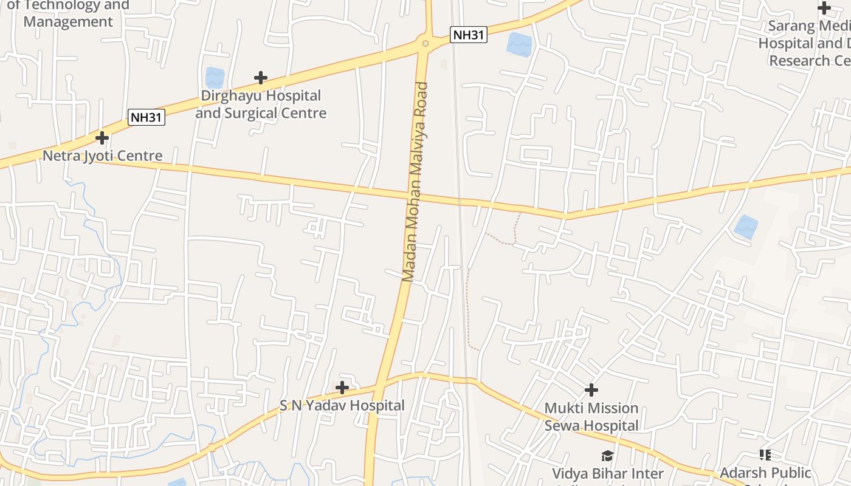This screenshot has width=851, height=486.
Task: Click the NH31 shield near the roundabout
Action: (x=469, y=35)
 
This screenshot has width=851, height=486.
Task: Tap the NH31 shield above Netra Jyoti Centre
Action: (x=146, y=117)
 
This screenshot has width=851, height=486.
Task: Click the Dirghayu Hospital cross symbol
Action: (x=261, y=78)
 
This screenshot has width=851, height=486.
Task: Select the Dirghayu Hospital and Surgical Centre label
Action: (x=261, y=104)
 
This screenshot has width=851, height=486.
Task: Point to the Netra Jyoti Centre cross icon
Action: (x=102, y=138)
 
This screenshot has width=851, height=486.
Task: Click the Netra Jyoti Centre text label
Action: (x=102, y=156)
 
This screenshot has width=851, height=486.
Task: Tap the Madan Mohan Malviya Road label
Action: (x=415, y=182)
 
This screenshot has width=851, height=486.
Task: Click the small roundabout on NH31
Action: (x=425, y=43)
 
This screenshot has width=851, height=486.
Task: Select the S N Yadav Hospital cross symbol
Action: (x=342, y=387)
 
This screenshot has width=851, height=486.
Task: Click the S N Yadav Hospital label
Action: (x=342, y=405)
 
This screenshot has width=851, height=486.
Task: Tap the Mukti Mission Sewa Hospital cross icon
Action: (x=591, y=390)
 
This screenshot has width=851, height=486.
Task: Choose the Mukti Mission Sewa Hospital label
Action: (x=591, y=417)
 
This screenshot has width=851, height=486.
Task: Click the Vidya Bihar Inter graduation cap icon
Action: (x=607, y=456)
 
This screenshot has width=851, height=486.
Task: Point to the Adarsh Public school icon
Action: (x=765, y=455)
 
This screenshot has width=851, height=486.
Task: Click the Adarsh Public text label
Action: (x=765, y=473)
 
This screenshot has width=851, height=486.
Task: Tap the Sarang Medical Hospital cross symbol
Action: (x=824, y=8)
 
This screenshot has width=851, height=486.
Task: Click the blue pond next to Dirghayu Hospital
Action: (x=215, y=77)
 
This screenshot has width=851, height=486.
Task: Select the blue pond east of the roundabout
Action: (x=519, y=44)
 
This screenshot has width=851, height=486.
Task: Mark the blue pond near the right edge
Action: (x=746, y=227)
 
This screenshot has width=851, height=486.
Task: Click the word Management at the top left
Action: (x=68, y=22)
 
